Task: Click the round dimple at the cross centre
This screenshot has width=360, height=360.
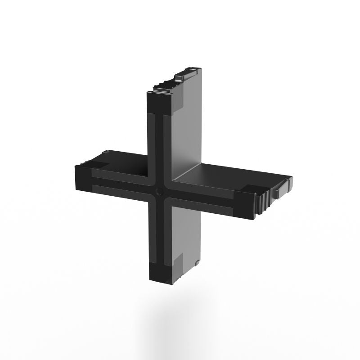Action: [x=159, y=192]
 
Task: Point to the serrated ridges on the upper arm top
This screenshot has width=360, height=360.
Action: [x=164, y=86]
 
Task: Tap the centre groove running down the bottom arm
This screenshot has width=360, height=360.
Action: [x=159, y=234]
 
